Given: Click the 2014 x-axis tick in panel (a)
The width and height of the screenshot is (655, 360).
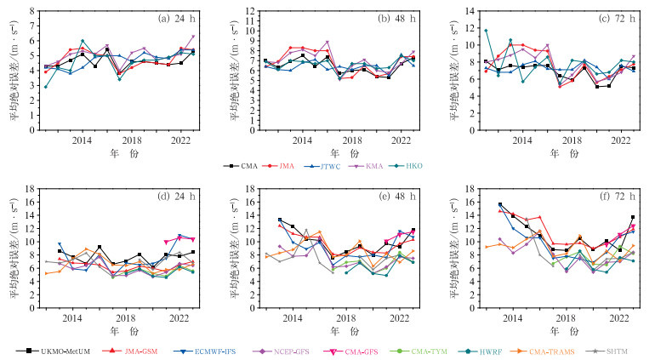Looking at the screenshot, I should (82, 140).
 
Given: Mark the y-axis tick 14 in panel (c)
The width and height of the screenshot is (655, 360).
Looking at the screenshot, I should (467, 12).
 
